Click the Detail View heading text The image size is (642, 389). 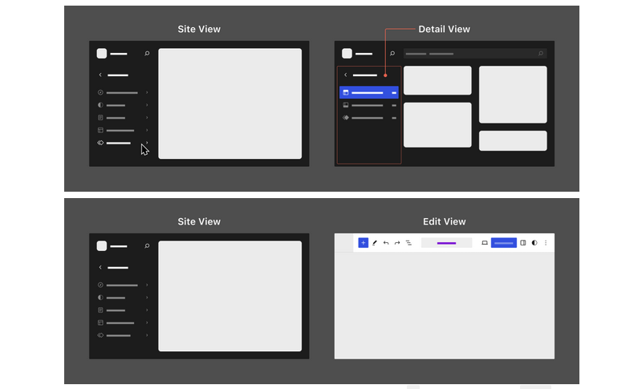(x=444, y=29)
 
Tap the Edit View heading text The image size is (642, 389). (x=444, y=221)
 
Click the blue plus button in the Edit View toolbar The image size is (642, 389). (x=363, y=242)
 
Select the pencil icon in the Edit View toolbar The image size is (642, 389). (x=375, y=242)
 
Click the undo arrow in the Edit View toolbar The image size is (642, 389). (x=386, y=242)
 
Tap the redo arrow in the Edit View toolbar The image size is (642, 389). (x=397, y=242)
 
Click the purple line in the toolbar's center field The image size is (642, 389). (x=446, y=242)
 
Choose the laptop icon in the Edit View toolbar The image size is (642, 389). (x=485, y=242)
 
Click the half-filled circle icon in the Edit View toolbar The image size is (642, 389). (x=534, y=242)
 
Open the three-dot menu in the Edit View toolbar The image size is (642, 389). (x=546, y=242)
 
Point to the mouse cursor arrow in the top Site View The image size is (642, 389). (x=144, y=149)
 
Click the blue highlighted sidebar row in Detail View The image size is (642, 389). (x=369, y=92)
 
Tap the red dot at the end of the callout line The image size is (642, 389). (x=385, y=76)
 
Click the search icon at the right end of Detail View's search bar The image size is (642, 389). (x=541, y=54)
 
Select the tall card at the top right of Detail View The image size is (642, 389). (x=513, y=95)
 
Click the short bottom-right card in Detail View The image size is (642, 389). (x=513, y=140)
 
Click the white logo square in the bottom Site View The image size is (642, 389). (x=102, y=246)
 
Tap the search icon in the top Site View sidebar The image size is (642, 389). (x=147, y=54)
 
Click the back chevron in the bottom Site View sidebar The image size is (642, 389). (x=100, y=267)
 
